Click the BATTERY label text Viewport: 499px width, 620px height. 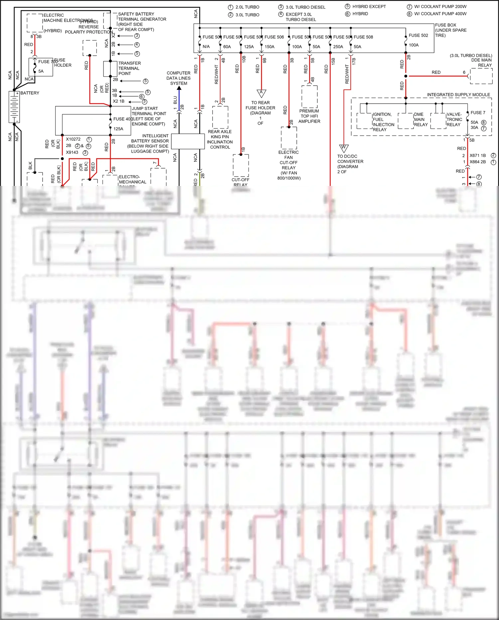tap(30, 93)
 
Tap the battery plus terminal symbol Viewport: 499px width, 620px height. tap(17, 94)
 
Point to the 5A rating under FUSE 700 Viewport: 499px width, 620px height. tap(41, 71)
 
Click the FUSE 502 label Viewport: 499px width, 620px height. tap(418, 35)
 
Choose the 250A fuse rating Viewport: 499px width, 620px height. tap(338, 47)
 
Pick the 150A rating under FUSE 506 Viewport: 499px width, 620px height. tap(269, 47)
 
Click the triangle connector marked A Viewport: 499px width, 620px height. tap(261, 93)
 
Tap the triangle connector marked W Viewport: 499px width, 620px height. tap(344, 148)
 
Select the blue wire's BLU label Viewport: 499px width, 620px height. tap(175, 100)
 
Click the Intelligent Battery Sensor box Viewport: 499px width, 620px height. tap(188, 142)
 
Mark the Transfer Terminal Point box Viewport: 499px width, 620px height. tap(110, 69)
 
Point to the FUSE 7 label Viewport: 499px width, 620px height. tap(478, 113)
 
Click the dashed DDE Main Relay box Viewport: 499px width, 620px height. tap(481, 76)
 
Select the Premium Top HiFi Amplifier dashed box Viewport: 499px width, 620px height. tap(309, 97)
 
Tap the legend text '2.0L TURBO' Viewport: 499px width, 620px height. tap(247, 7)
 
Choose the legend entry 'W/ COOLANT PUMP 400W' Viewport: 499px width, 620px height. tap(440, 14)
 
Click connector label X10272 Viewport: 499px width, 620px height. tap(73, 139)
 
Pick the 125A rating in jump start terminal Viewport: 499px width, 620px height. tap(118, 129)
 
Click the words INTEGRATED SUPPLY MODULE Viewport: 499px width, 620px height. tap(458, 95)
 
